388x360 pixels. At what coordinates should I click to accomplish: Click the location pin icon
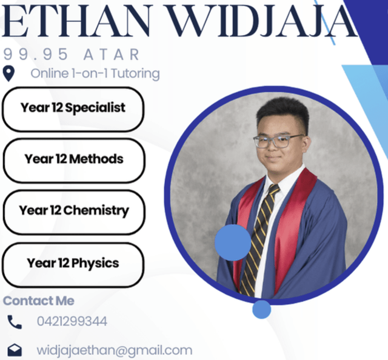click(8, 74)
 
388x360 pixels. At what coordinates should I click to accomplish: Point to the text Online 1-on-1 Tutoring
click(95, 74)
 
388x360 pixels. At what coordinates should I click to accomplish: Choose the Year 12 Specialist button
click(73, 108)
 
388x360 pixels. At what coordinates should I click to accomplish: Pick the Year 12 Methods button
click(73, 159)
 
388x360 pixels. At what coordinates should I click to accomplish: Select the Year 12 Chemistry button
click(73, 211)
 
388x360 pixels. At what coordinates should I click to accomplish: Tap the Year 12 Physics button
click(73, 264)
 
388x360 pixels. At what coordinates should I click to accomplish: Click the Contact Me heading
click(39, 301)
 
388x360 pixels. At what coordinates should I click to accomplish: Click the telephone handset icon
click(14, 322)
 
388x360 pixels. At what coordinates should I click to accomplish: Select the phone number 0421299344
click(72, 321)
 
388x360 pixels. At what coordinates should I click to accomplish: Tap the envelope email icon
click(14, 350)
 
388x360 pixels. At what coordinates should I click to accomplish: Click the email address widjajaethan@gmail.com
click(115, 350)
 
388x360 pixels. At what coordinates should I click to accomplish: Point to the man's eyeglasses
click(278, 141)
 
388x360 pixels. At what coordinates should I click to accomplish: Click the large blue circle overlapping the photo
click(233, 242)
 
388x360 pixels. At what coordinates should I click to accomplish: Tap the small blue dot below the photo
click(261, 310)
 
